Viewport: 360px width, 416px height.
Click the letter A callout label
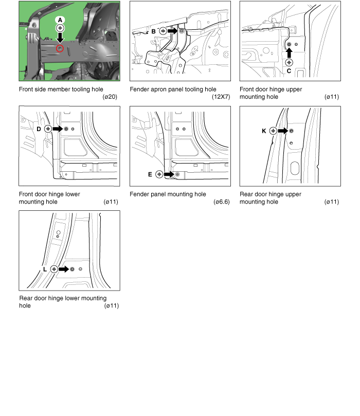pos(60,20)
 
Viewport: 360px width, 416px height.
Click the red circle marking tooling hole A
pos(60,48)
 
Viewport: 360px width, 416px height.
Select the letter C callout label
pos(289,71)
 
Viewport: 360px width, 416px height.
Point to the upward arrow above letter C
pos(289,53)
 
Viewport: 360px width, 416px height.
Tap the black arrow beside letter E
pos(169,174)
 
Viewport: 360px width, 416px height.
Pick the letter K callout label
pos(264,131)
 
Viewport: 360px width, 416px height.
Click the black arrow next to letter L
pos(63,269)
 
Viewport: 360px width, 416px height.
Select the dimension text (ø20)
pos(110,97)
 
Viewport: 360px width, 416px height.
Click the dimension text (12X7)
pos(221,97)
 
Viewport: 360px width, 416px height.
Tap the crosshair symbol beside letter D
pos(48,129)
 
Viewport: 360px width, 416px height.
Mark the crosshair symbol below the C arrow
pos(289,63)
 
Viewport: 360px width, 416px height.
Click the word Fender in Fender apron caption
pos(140,89)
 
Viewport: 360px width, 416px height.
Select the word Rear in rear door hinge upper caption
pos(247,194)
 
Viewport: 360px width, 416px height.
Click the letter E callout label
pos(150,174)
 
